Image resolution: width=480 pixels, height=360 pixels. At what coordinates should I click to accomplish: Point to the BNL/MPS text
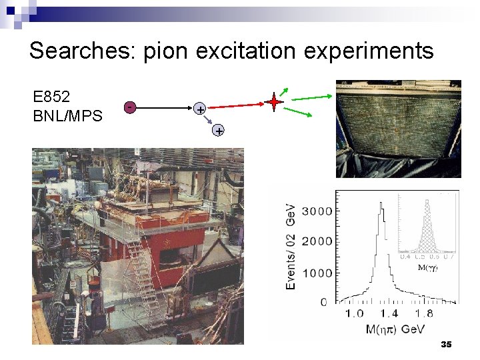point(67,115)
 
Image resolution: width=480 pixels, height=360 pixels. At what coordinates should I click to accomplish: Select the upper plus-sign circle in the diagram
point(199,108)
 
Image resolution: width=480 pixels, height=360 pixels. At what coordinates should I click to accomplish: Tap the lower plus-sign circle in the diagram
point(218,131)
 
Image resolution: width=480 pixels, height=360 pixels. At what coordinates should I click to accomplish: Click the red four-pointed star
point(273,103)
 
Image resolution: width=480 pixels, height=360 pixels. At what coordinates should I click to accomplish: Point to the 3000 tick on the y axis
point(317,211)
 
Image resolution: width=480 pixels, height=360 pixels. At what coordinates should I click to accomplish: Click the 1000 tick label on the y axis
point(317,273)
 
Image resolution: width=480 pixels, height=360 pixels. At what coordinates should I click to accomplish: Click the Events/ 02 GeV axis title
point(291,247)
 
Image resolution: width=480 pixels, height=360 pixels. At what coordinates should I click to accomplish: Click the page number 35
point(446,344)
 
